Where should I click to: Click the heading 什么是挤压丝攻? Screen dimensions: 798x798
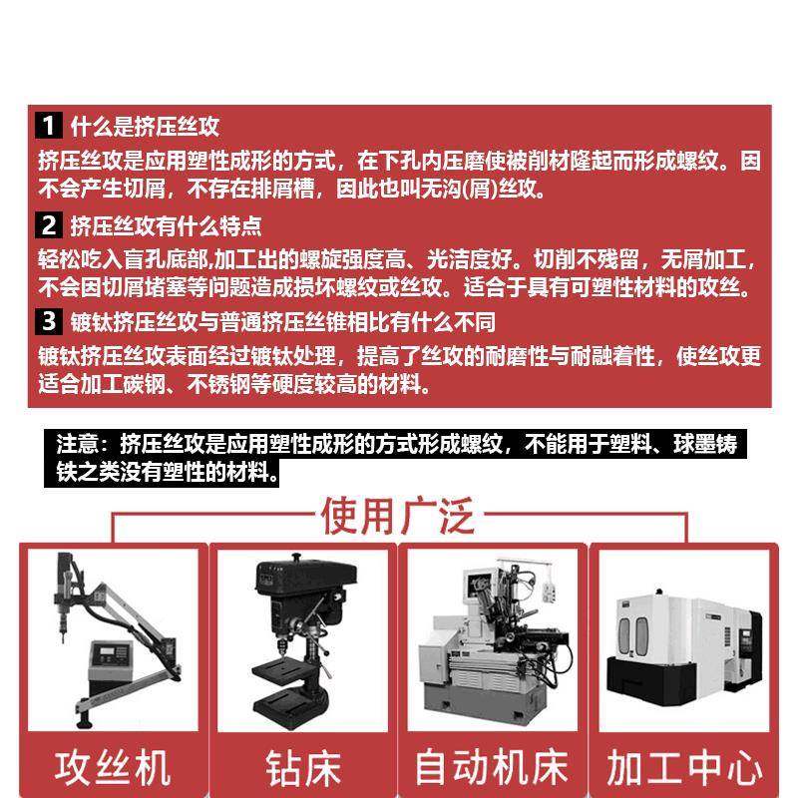coord(145,127)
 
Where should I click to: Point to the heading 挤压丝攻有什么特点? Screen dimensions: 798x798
coord(166,224)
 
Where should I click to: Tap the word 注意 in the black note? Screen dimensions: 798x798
coord(78,443)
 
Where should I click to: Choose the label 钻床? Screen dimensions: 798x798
coord(303,768)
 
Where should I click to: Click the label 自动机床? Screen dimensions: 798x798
coord(491,767)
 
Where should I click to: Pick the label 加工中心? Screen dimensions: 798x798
coord(684,767)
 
